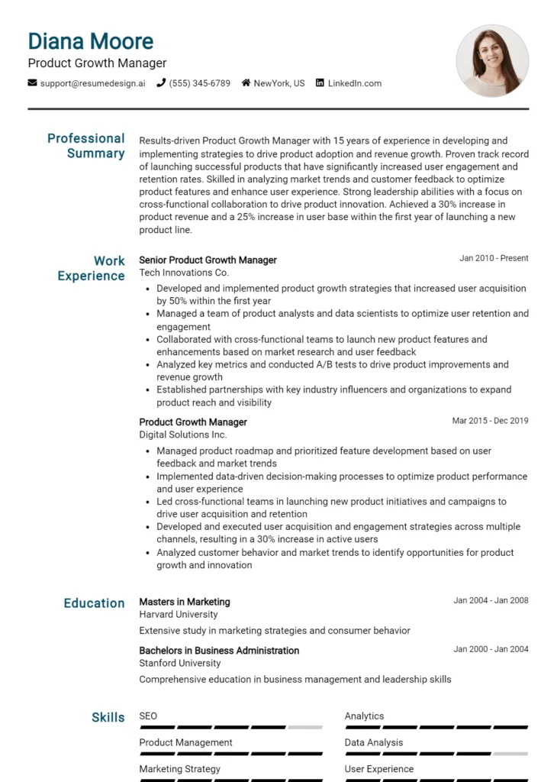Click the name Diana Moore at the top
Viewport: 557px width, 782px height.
click(x=91, y=41)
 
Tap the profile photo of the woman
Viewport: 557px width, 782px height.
click(x=492, y=60)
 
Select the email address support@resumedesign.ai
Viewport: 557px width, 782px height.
click(x=92, y=83)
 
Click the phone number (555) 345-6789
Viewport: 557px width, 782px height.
click(x=199, y=83)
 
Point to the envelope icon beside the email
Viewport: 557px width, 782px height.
click(x=32, y=83)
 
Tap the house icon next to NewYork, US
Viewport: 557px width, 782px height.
click(x=246, y=83)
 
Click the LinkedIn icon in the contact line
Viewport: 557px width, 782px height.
click(x=320, y=83)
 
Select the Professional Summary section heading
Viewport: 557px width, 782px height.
click(x=86, y=146)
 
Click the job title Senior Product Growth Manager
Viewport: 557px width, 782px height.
click(x=208, y=260)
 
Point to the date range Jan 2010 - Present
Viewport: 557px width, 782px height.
click(x=494, y=258)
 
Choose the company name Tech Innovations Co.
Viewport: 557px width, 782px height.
click(x=184, y=273)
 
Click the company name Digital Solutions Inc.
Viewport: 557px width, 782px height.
click(x=182, y=435)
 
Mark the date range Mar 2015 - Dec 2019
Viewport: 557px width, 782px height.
click(x=490, y=421)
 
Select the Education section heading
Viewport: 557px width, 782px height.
click(x=94, y=603)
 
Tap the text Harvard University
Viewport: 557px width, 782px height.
click(x=178, y=614)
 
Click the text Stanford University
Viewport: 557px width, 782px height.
click(x=178, y=663)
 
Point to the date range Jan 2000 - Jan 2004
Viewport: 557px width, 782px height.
click(x=491, y=649)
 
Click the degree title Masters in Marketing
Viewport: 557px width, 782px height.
click(x=184, y=602)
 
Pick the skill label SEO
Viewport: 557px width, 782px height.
click(x=148, y=716)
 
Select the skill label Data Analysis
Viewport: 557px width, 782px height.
click(x=374, y=742)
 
